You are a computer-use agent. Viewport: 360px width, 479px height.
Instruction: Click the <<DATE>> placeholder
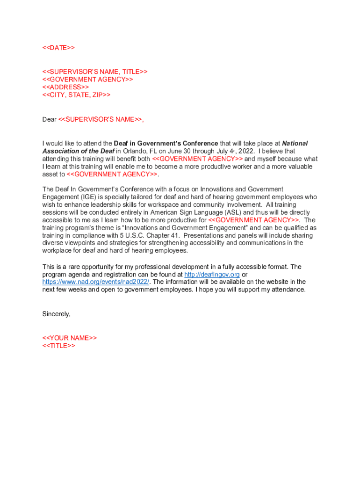pos(58,48)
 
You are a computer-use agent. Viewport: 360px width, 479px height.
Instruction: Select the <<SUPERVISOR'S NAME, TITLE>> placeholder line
pos(95,72)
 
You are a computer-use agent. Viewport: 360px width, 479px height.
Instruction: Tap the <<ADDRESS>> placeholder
pos(65,87)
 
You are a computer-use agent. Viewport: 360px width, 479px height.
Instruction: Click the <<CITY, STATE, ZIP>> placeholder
pos(76,95)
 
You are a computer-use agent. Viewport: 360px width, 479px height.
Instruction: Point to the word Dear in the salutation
pos(49,119)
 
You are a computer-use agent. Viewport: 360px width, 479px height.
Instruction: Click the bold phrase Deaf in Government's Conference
pos(166,144)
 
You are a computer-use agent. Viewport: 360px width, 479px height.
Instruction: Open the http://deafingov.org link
pos(212,274)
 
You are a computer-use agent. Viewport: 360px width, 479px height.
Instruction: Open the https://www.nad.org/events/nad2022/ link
pos(96,282)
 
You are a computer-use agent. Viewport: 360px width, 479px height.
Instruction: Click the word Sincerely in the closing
pos(56,314)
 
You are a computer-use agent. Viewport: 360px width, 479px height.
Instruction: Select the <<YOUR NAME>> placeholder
pos(70,338)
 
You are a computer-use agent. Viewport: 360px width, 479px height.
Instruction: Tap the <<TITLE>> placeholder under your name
pos(58,346)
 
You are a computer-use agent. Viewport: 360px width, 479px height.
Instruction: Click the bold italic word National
pos(295,144)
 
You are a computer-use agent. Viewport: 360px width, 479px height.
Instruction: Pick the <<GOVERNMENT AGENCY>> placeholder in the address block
pos(88,80)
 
